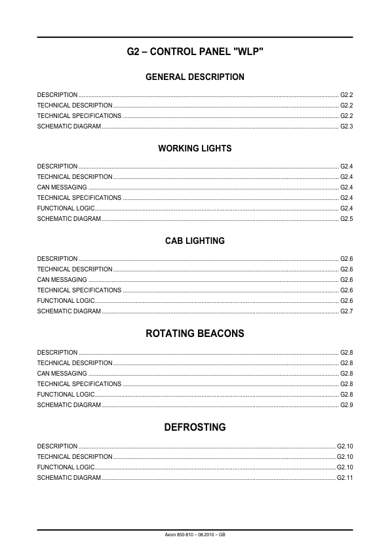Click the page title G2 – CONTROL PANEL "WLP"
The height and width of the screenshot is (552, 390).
tap(195, 51)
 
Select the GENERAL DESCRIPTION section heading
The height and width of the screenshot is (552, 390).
tap(195, 77)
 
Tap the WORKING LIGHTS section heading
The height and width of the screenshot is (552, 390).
tap(195, 149)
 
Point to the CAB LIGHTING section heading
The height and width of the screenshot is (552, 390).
tap(195, 241)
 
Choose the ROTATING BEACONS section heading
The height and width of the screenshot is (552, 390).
tap(195, 334)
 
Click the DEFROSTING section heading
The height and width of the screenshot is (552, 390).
tap(195, 427)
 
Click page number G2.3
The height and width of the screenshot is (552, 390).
tap(347, 126)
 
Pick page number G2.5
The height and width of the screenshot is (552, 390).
tap(347, 218)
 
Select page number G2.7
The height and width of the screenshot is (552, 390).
tap(347, 311)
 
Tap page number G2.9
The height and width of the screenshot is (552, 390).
tap(347, 405)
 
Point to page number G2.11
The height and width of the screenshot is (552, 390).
tap(345, 478)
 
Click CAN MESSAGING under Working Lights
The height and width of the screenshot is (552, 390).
tap(62, 187)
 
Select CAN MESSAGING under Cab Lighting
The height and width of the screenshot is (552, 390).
tap(62, 280)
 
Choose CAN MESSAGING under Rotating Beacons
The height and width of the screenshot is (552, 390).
tap(62, 374)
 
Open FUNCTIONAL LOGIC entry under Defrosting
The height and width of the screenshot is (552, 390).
tap(66, 467)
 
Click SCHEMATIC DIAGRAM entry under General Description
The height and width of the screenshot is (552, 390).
tap(69, 126)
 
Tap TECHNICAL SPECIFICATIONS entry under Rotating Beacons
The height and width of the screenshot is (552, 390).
tap(79, 384)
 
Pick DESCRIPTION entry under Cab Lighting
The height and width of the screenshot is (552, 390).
tap(57, 259)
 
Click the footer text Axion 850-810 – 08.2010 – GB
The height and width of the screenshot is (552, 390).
tap(195, 535)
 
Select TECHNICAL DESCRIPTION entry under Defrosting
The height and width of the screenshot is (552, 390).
tap(75, 457)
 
